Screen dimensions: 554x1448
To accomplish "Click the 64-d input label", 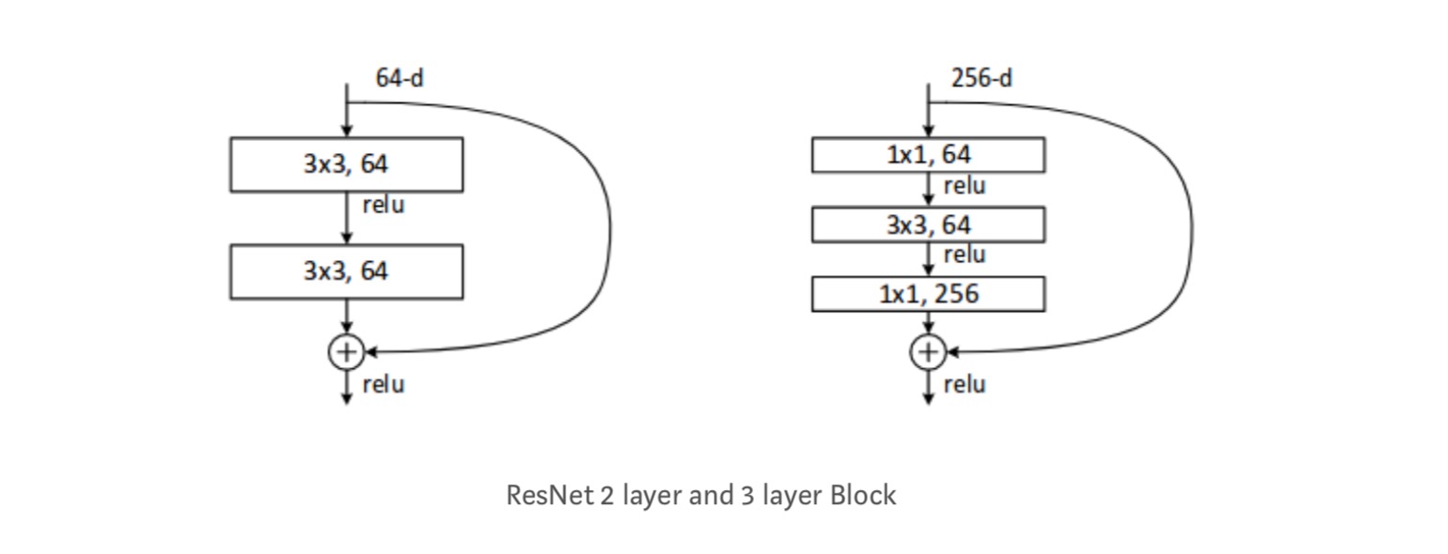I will pyautogui.click(x=399, y=78).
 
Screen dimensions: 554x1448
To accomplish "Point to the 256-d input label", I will pyautogui.click(x=981, y=78).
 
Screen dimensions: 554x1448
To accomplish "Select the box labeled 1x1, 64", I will pyautogui.click(x=928, y=155).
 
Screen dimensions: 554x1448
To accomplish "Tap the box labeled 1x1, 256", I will pyautogui.click(x=928, y=294).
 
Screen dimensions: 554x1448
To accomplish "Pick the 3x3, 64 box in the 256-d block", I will pyautogui.click(x=928, y=224).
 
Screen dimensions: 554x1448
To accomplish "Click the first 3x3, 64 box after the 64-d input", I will pyautogui.click(x=346, y=164).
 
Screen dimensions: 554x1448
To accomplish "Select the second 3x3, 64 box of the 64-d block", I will pyautogui.click(x=346, y=271).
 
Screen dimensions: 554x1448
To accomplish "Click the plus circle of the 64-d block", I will pyautogui.click(x=347, y=352).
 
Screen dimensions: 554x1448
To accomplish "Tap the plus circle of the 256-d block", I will pyautogui.click(x=928, y=352).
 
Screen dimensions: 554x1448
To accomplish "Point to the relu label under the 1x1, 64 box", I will pyautogui.click(x=964, y=186).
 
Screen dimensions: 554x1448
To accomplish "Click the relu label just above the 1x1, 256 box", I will pyautogui.click(x=964, y=254).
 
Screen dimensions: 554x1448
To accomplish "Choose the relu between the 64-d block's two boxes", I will pyautogui.click(x=383, y=205).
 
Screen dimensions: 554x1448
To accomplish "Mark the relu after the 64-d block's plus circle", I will pyautogui.click(x=383, y=384).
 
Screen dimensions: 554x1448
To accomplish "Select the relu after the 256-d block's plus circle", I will pyautogui.click(x=964, y=384).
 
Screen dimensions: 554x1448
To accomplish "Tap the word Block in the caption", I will pyautogui.click(x=863, y=495).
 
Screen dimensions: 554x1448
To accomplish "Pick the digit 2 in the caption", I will pyautogui.click(x=607, y=495).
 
